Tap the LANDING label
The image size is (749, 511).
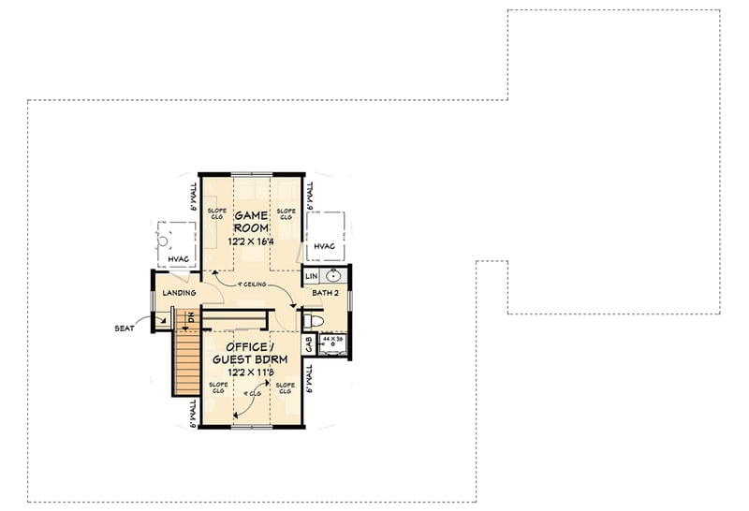(x=178, y=293)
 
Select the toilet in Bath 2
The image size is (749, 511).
(x=314, y=321)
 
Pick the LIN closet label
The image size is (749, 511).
(x=310, y=276)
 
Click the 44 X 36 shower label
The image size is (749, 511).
(x=333, y=338)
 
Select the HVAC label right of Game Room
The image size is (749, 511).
(x=324, y=247)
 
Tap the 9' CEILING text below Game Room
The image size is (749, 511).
(x=254, y=284)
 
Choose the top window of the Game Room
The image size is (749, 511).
(x=250, y=174)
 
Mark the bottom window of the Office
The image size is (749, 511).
(x=250, y=427)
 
